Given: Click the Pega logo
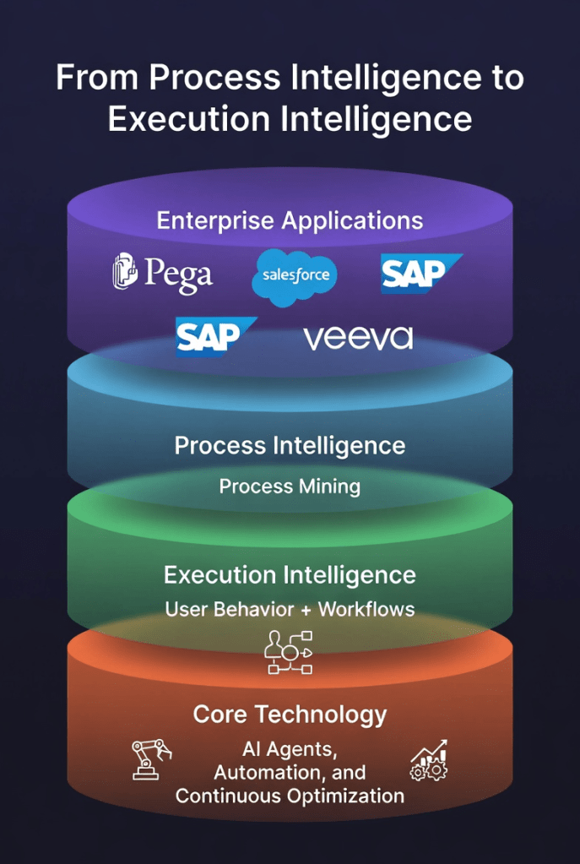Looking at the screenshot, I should click(x=162, y=274).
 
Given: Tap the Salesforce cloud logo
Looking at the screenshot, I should click(x=295, y=275).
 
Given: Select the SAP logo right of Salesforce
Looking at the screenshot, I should click(x=420, y=273).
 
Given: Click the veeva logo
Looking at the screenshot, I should click(x=358, y=338).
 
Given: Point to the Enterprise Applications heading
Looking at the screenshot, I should click(x=290, y=221).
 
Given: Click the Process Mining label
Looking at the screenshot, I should click(x=290, y=486).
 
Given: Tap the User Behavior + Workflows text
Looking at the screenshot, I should click(x=290, y=609).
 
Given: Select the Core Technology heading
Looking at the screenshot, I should click(x=290, y=715).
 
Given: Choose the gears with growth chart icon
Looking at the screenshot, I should click(x=429, y=761).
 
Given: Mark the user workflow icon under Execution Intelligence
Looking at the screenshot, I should click(x=290, y=653).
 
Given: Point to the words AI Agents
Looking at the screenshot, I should click(x=290, y=749).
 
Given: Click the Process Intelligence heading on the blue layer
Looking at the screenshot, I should click(x=290, y=445).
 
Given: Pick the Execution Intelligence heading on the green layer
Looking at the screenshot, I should click(x=290, y=575).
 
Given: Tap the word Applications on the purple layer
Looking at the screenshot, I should click(x=352, y=221).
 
